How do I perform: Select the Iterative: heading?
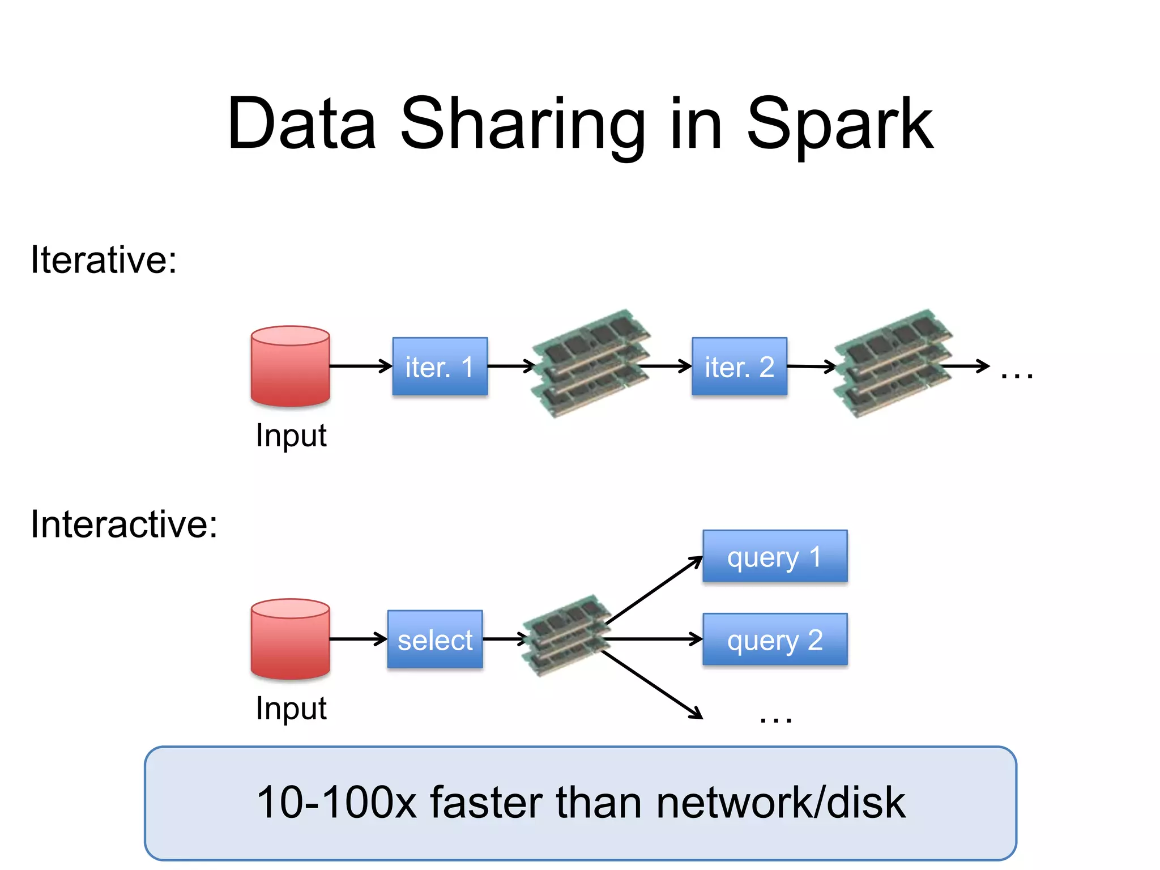coord(104,260)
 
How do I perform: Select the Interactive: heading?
coord(124,524)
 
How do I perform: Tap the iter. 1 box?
coord(440,366)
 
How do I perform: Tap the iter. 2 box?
coord(739,366)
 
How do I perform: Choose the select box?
coord(435,639)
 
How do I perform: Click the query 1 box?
coord(775,556)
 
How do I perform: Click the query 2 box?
coord(775,639)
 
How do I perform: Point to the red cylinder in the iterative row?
coord(290,366)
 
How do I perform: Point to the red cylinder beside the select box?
coord(290,639)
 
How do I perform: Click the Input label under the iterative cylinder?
coord(291,436)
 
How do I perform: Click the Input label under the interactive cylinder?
coord(291,709)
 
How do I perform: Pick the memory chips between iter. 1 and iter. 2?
coord(591,363)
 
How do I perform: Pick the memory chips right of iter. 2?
coord(893,363)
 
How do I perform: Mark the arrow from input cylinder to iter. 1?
coord(361,366)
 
